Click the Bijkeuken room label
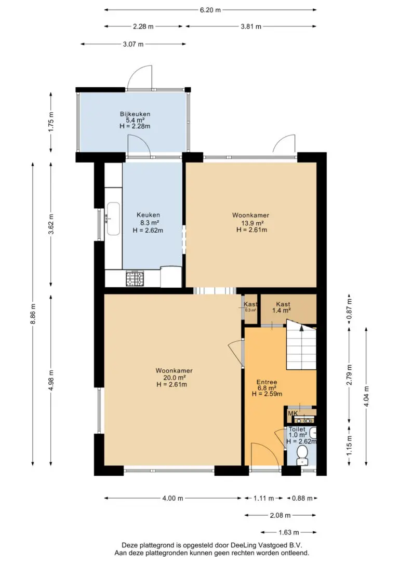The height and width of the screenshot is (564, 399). tap(135, 114)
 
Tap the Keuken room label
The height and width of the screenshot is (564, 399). tap(148, 215)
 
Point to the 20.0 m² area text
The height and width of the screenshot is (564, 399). tap(174, 378)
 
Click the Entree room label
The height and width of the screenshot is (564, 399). tap(267, 382)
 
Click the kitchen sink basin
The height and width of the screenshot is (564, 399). tap(113, 219)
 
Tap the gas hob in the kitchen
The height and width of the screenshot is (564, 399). tap(135, 279)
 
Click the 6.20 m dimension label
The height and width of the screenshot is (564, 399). tap(210, 10)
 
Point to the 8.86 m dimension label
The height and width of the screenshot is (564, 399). tap(33, 314)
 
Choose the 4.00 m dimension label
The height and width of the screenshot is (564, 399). tap(172, 498)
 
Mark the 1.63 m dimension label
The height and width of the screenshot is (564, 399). tap(288, 532)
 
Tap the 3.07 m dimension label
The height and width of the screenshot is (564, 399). tap(133, 44)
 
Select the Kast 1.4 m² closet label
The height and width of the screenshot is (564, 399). tap(283, 307)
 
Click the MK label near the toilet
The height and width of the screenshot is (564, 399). tap(292, 413)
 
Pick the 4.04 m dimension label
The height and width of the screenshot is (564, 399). tap(366, 396)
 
